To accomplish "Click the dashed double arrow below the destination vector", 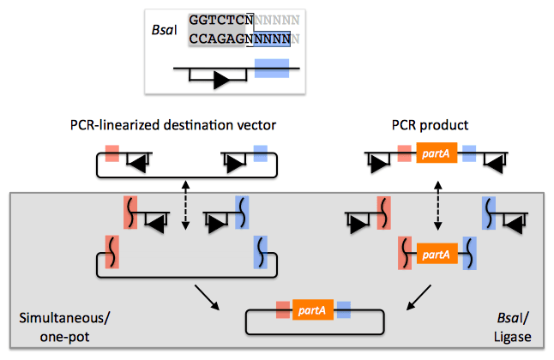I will [186, 206].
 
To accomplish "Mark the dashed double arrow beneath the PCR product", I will [437, 206].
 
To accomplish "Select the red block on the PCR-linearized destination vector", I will [111, 154].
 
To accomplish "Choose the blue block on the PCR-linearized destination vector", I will [261, 154].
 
